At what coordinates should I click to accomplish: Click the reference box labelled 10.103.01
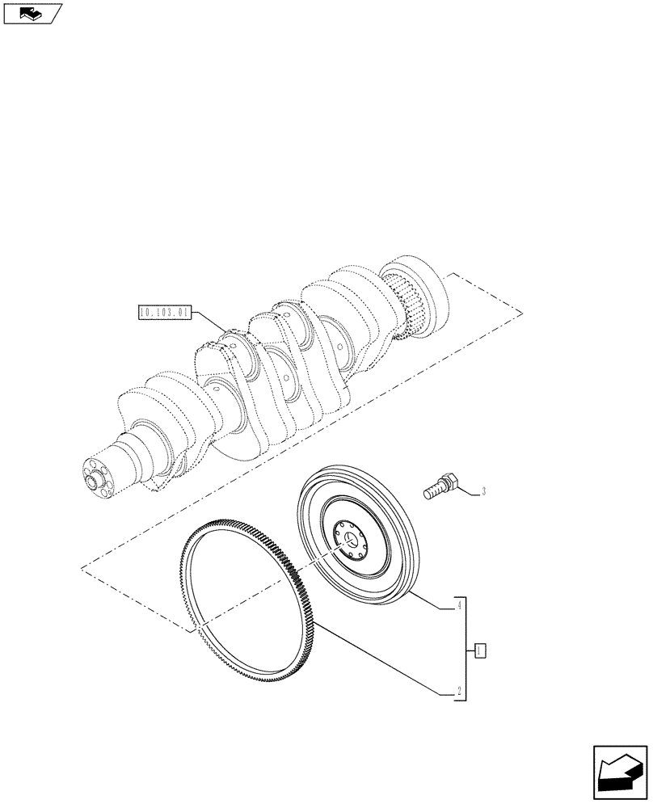(164, 310)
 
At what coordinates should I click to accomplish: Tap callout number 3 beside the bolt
(483, 490)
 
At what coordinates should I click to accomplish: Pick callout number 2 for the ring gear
(458, 692)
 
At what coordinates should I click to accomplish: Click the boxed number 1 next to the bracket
(479, 649)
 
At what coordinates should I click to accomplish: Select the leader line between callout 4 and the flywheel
(428, 599)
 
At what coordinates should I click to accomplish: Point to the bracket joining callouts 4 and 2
(466, 649)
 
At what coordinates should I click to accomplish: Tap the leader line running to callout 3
(470, 490)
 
